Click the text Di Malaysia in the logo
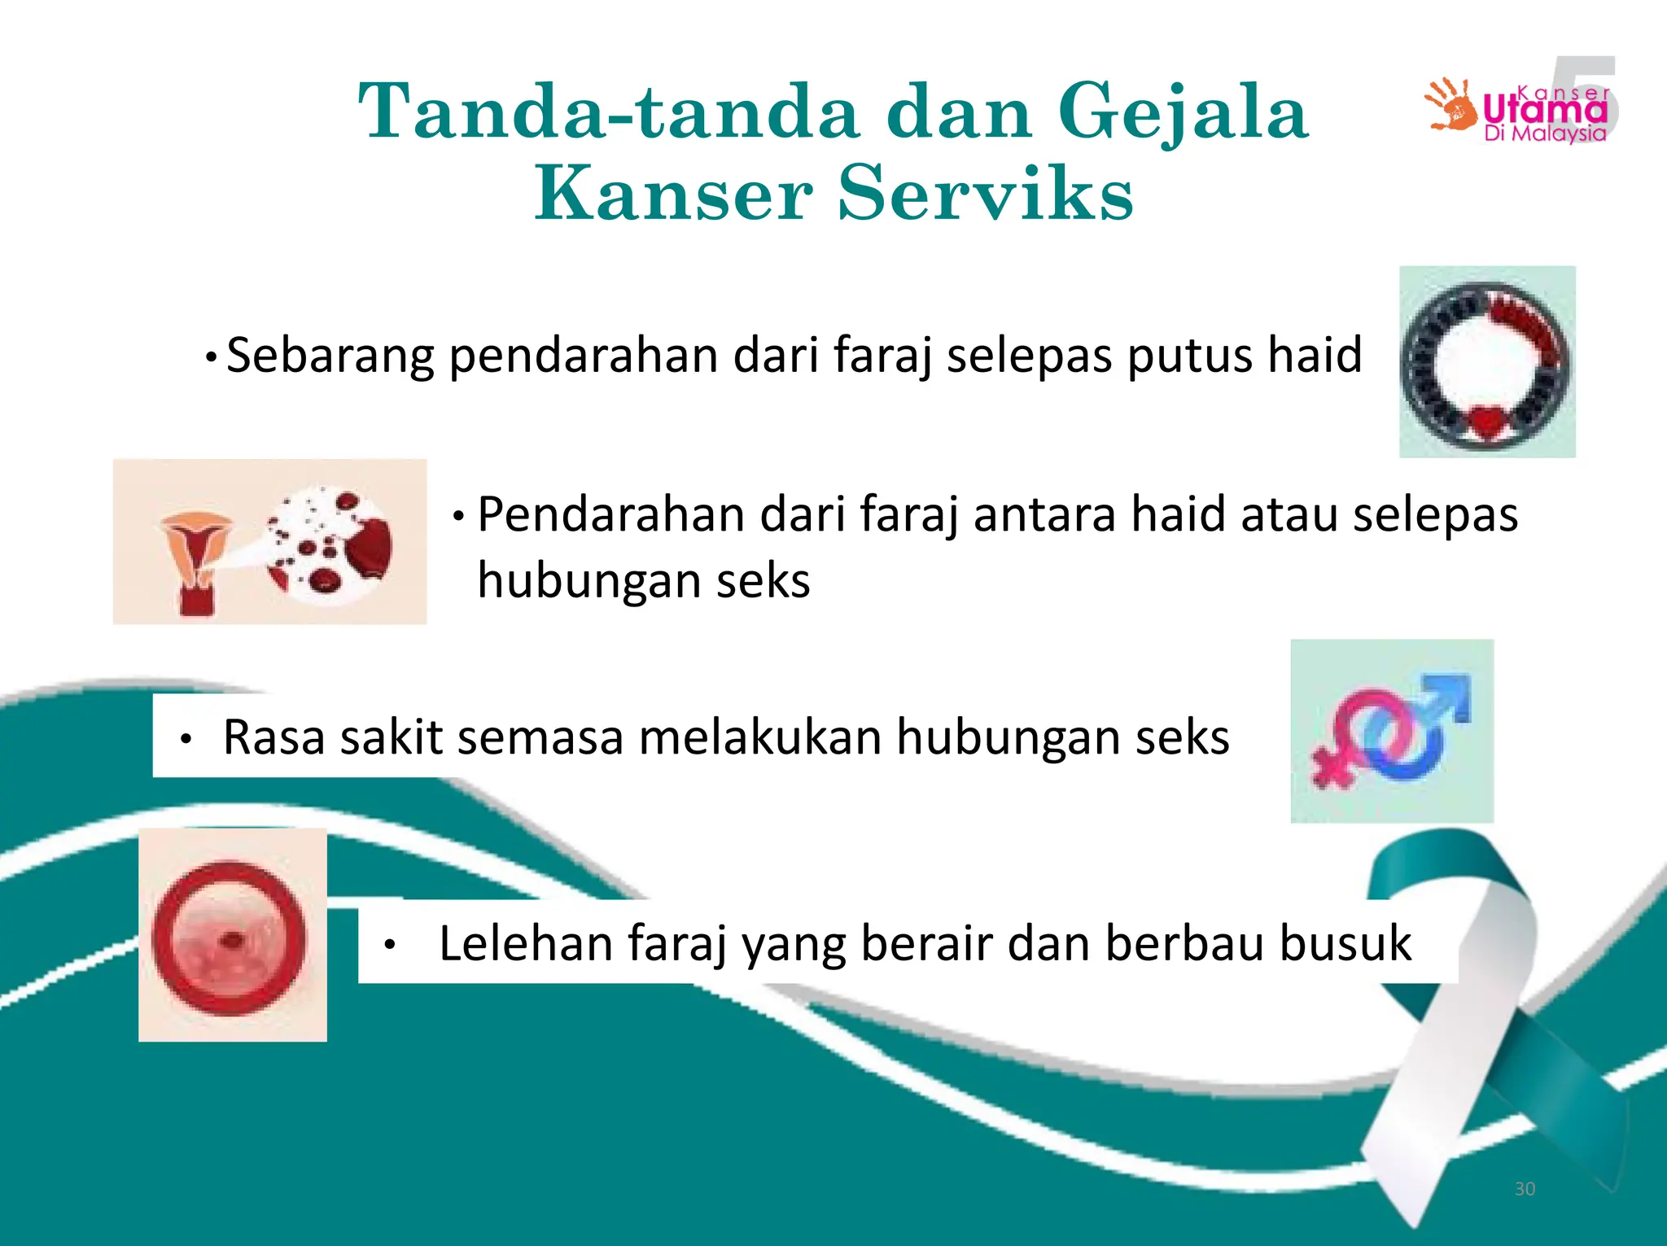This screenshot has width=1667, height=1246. tap(1545, 134)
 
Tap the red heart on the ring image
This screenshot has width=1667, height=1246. tap(1487, 422)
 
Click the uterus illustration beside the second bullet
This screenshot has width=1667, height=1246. tap(195, 562)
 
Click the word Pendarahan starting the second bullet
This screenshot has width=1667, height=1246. tap(610, 515)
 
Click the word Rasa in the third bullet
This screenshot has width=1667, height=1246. tap(273, 737)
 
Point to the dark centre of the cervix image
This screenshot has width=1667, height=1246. tap(233, 941)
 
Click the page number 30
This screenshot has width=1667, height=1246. tap(1525, 1189)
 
